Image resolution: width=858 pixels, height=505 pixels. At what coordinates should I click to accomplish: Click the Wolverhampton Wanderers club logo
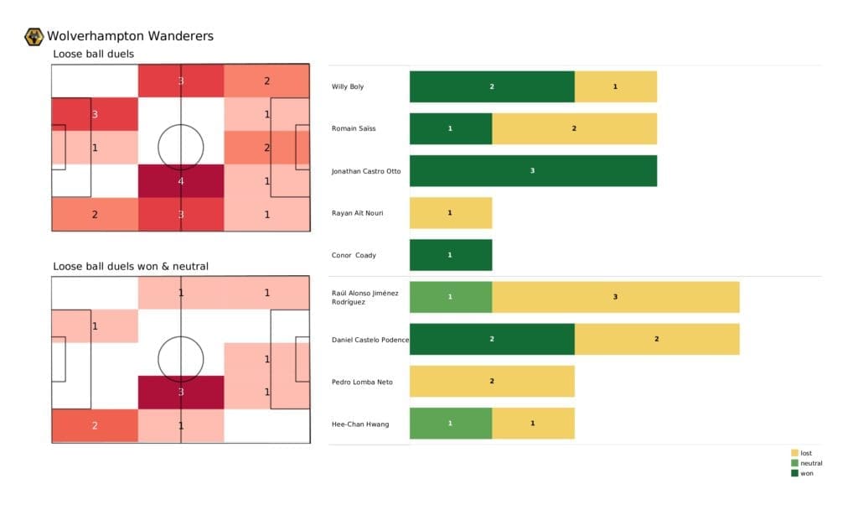[34, 36]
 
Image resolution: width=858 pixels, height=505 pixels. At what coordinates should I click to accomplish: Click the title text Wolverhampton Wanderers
[130, 36]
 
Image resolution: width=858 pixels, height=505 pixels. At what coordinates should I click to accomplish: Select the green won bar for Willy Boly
[492, 86]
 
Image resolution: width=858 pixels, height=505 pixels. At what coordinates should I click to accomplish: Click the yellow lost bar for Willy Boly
[615, 86]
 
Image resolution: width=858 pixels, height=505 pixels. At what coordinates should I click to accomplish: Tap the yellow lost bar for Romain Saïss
[574, 128]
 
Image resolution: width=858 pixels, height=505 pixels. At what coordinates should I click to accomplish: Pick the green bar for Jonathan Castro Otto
[533, 171]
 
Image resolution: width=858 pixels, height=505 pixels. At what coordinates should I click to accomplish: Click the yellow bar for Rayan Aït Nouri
[450, 213]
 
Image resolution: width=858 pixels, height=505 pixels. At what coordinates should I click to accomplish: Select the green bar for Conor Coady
[450, 255]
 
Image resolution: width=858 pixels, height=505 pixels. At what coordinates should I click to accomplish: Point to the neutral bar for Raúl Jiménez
[450, 297]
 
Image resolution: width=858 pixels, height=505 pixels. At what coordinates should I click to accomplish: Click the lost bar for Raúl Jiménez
[615, 297]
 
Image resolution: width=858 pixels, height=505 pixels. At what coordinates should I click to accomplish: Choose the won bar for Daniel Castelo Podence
[492, 339]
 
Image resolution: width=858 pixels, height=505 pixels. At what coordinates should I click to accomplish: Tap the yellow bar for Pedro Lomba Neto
[492, 382]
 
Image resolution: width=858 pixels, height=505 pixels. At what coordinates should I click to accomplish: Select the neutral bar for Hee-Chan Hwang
[450, 424]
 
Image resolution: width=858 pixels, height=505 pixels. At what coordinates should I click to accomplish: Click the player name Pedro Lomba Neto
[362, 382]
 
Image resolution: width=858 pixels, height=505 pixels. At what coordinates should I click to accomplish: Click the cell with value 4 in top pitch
[181, 180]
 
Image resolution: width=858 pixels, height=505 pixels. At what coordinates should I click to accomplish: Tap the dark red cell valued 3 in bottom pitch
[181, 392]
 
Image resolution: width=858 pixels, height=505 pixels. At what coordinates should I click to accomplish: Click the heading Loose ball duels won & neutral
[131, 267]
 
